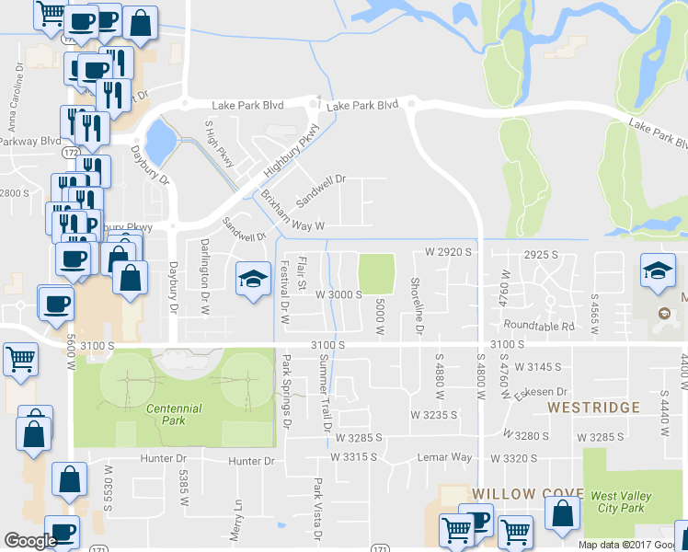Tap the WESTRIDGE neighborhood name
pyautogui.click(x=594, y=407)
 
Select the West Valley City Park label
pyautogui.click(x=621, y=502)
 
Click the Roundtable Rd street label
pyautogui.click(x=539, y=326)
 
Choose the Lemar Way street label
pyautogui.click(x=446, y=457)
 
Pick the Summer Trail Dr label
pyautogui.click(x=323, y=395)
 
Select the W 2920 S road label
pyautogui.click(x=447, y=251)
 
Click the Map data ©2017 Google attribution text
pyautogui.click(x=632, y=545)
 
